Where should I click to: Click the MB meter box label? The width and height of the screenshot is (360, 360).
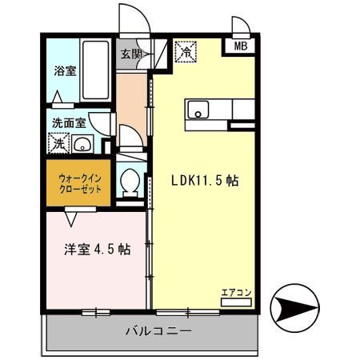point(241,47)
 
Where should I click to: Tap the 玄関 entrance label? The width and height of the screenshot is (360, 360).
point(131,54)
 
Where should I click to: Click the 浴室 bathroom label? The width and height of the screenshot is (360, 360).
point(65,70)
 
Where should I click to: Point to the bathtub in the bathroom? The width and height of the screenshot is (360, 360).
point(97,70)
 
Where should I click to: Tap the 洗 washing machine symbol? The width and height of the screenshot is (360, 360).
point(58,145)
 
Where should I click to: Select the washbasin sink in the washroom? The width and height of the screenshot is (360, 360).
point(82,145)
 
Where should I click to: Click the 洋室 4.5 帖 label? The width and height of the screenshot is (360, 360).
point(98,249)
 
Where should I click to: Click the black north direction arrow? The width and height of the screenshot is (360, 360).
point(294,305)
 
